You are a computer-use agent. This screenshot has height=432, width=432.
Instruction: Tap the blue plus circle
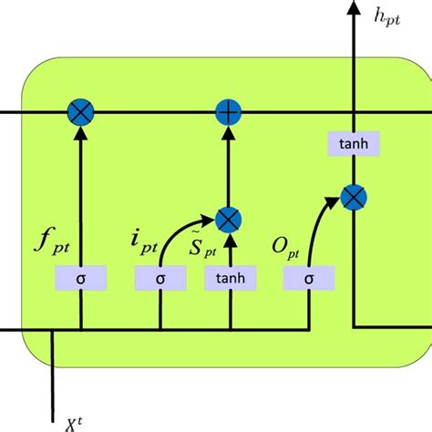tap(227, 113)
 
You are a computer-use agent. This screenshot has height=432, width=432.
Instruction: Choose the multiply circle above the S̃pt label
tap(227, 218)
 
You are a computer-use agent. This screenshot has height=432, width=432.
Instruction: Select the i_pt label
tap(144, 242)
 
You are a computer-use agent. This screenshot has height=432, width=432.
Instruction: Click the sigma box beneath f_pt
tap(82, 277)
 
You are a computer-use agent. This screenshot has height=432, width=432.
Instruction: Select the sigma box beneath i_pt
tap(160, 277)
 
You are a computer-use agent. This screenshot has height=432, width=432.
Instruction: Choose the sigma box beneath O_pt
tap(307, 277)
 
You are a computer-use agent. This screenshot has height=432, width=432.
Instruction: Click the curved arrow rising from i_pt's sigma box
tap(182, 228)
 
